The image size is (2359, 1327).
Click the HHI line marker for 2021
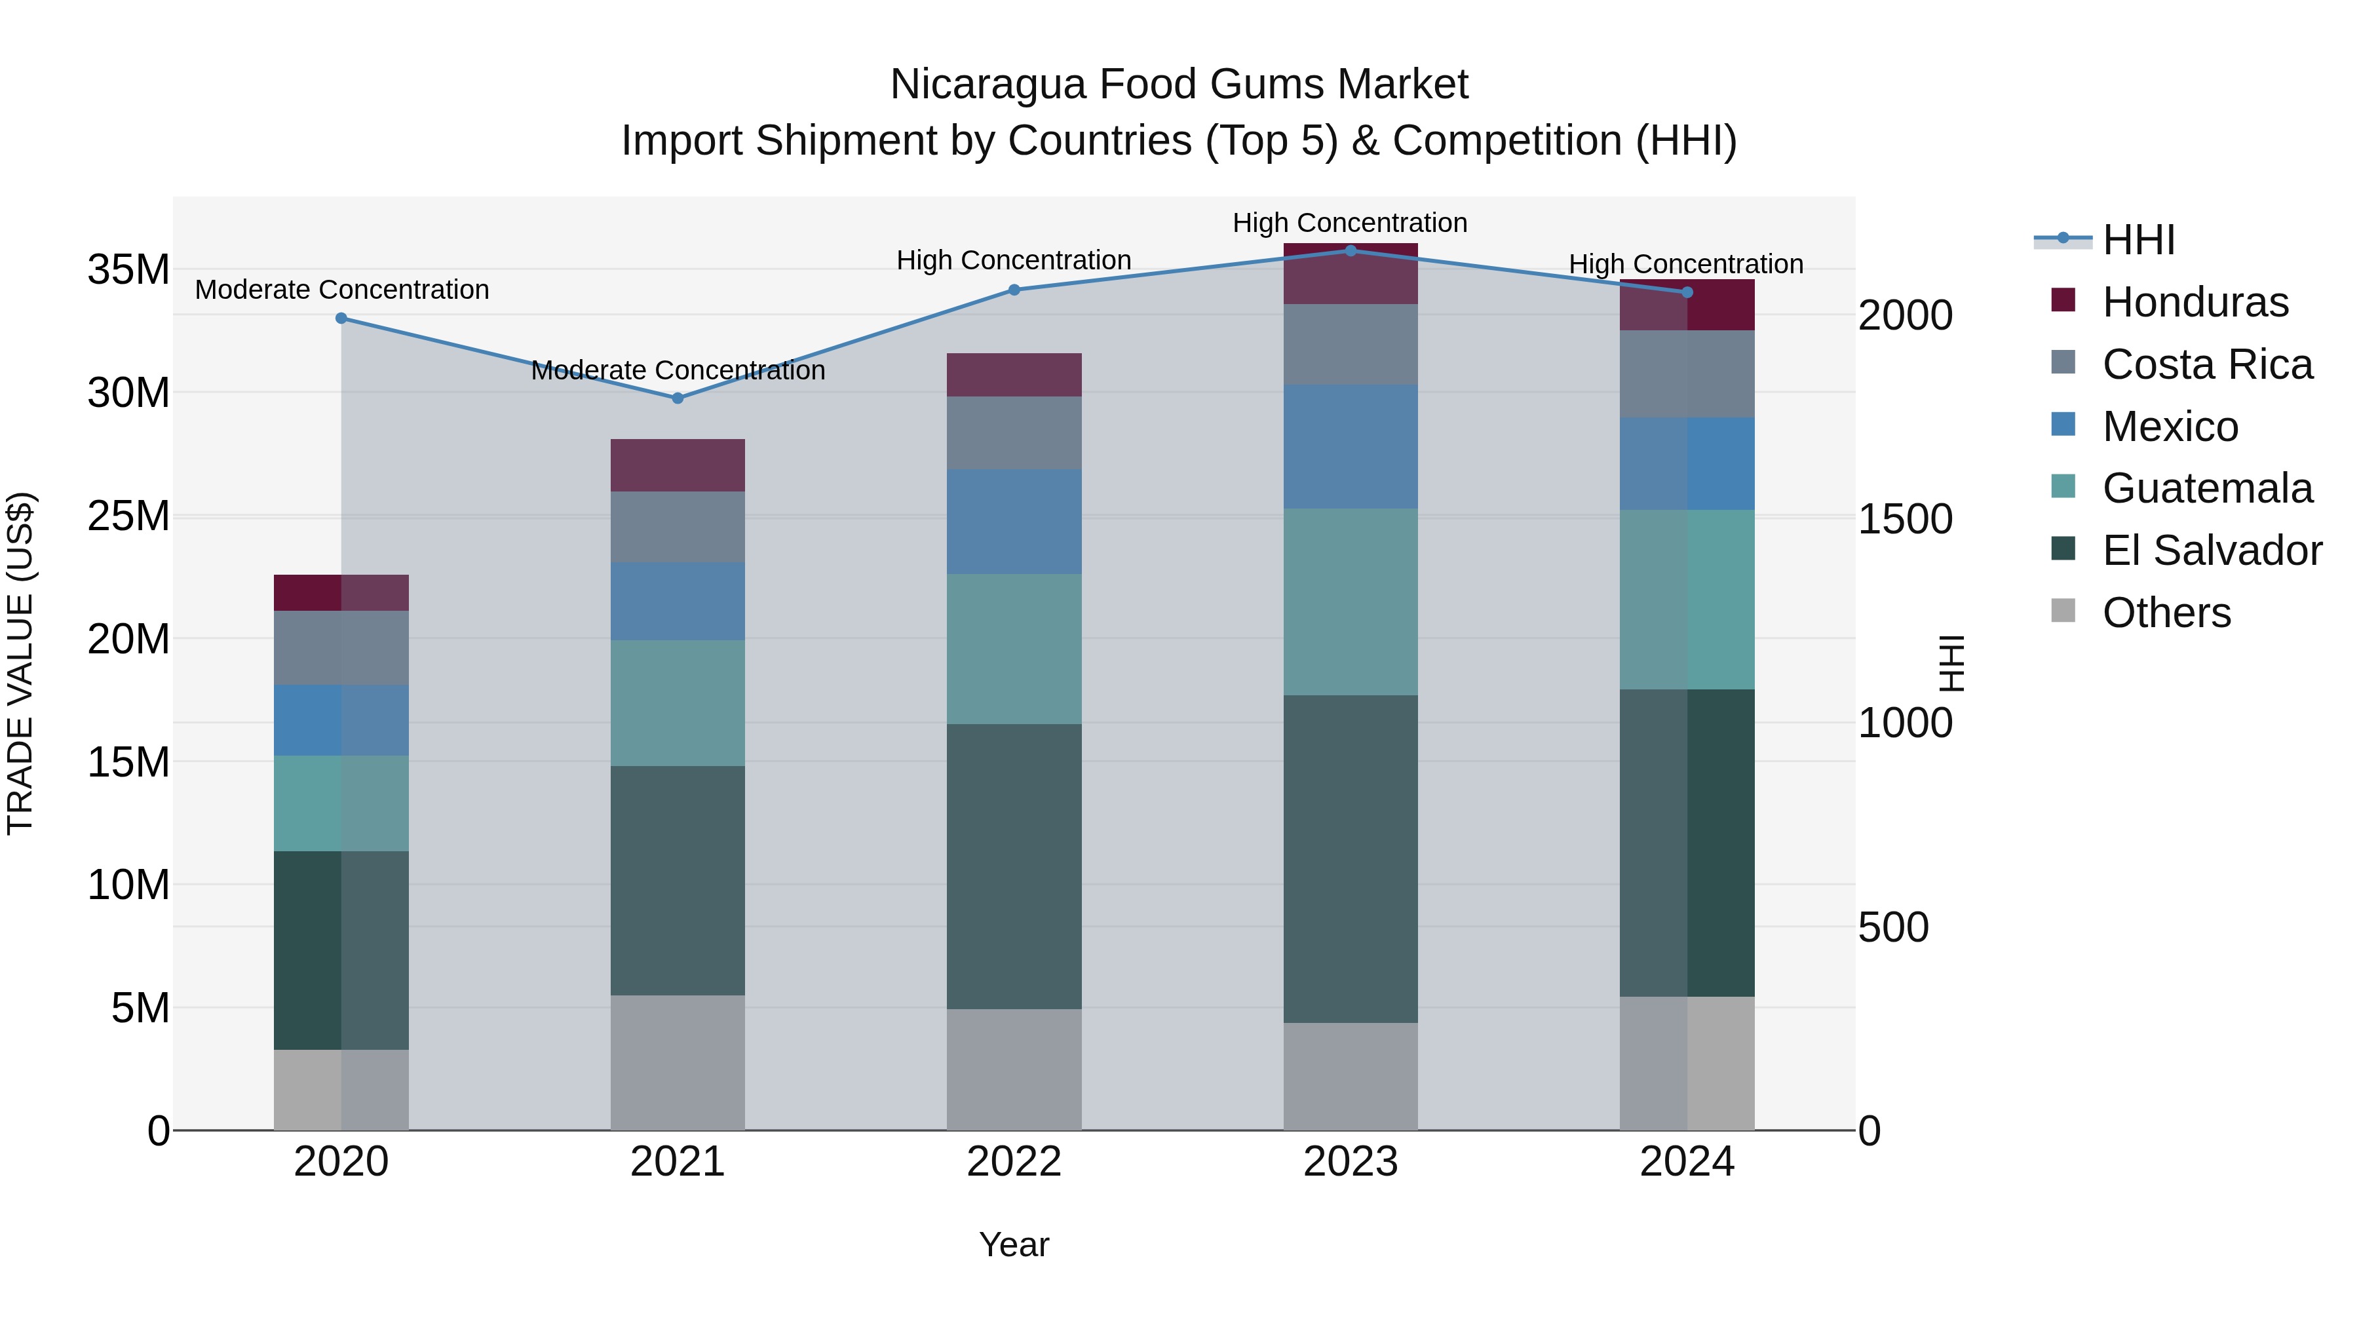[678, 398]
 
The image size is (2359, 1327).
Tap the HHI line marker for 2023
[1350, 251]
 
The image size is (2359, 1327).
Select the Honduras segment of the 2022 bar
[1014, 375]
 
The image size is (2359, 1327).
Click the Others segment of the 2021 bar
[678, 1062]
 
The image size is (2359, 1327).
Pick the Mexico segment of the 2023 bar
[1350, 447]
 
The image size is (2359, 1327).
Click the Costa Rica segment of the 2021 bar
[678, 527]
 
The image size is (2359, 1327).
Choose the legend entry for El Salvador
[2212, 550]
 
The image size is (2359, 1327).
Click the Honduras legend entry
[2195, 302]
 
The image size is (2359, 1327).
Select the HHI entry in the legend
[2138, 240]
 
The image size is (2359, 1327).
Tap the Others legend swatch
[2063, 611]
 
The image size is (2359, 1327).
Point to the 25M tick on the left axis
[128, 516]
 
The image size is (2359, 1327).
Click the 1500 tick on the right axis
[1905, 519]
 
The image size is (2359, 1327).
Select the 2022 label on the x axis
[1014, 1162]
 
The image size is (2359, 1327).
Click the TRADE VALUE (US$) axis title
[20, 663]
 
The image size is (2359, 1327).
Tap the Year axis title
[1014, 1244]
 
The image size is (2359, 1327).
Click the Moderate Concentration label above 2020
[341, 290]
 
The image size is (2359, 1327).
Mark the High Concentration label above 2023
[1350, 223]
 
